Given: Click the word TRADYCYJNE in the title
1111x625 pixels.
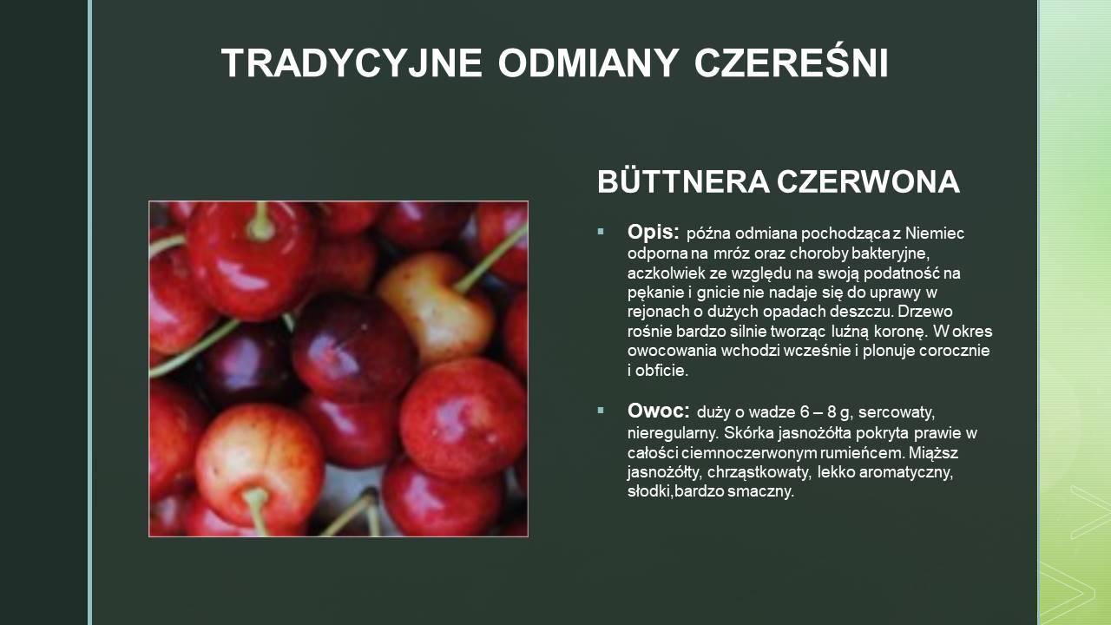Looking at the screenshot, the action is [352, 63].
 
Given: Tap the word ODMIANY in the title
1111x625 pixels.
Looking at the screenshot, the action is [588, 63].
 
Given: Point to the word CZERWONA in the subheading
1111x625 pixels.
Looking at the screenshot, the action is [869, 181].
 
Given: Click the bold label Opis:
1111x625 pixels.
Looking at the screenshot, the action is [654, 232].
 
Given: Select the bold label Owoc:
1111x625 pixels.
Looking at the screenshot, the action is [658, 411].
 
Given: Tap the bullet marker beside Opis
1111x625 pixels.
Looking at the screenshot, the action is [601, 231].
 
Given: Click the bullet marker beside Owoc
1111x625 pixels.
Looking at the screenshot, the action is [601, 411].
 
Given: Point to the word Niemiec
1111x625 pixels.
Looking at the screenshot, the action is [935, 233].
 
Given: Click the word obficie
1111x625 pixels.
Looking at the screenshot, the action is [662, 371].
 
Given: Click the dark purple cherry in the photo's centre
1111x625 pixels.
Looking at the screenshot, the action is [353, 347].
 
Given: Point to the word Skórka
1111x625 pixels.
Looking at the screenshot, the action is [749, 433].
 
